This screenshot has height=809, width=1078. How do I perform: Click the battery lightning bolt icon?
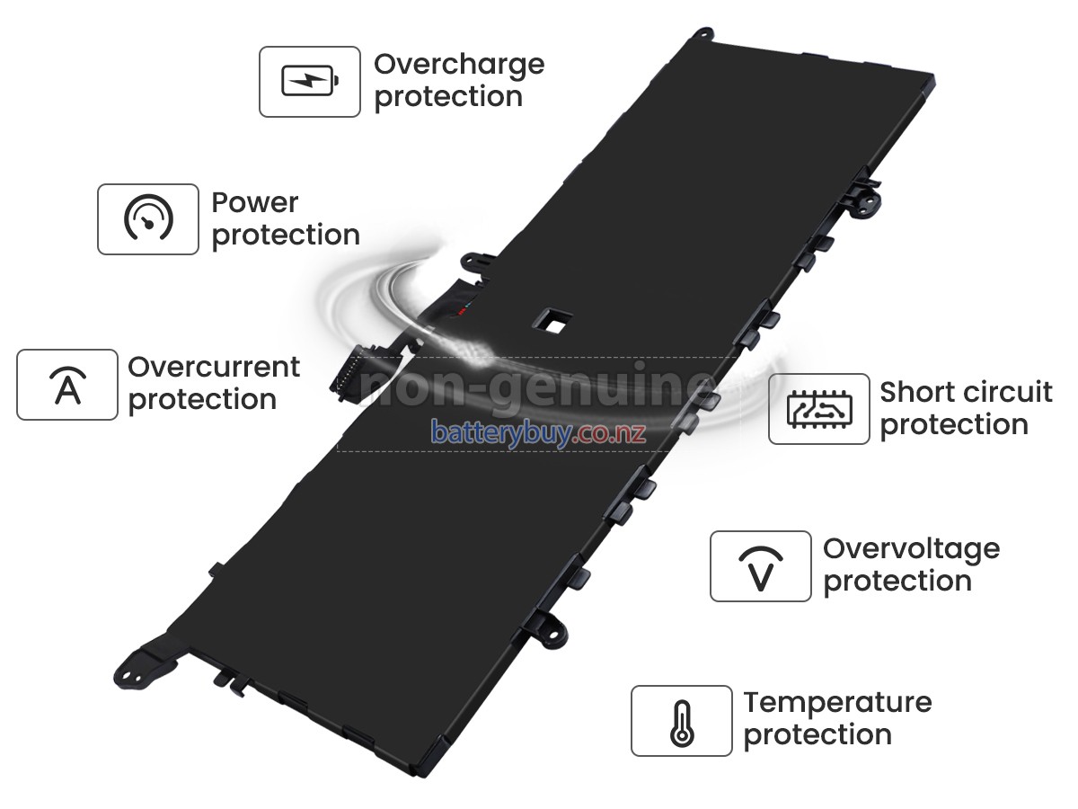click(x=310, y=82)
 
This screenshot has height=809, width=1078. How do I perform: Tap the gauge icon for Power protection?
click(x=148, y=219)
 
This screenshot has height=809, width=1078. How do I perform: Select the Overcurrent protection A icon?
click(x=67, y=385)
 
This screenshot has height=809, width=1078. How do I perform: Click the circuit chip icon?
click(x=818, y=409)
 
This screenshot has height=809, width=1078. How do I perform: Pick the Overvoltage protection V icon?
click(x=760, y=566)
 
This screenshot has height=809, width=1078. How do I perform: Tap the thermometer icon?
click(x=682, y=721)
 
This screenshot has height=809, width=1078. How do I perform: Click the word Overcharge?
click(x=459, y=65)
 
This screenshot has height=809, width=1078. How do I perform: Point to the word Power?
click(x=255, y=203)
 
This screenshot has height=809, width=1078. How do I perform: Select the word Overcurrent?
click(x=214, y=367)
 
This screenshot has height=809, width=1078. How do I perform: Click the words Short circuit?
click(x=966, y=393)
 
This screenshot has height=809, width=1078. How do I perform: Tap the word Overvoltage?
click(x=911, y=548)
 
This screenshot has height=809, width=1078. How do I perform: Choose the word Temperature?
click(x=837, y=702)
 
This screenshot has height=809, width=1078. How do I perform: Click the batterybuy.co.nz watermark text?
click(x=538, y=432)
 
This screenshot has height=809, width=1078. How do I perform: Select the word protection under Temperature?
click(x=817, y=734)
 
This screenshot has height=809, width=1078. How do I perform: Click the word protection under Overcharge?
click(x=448, y=97)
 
